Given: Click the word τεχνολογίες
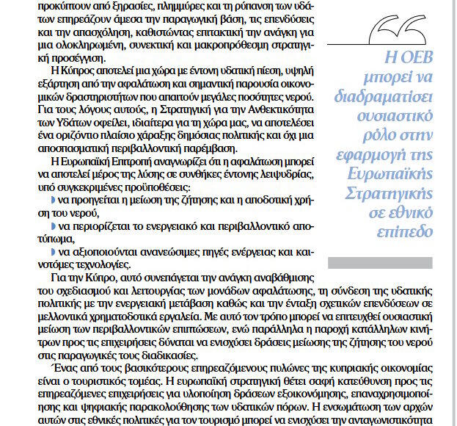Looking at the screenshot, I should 93,265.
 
